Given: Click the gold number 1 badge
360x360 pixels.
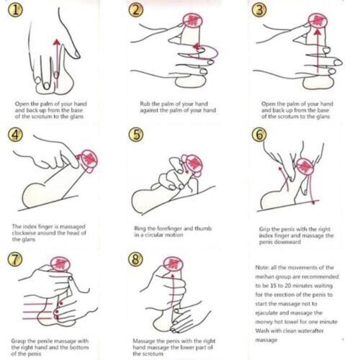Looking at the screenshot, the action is [x=15, y=11].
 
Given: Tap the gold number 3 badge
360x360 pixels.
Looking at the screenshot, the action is [x=259, y=11].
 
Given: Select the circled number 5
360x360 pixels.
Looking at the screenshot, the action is [x=136, y=135].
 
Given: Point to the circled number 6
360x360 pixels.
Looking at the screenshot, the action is [x=259, y=135].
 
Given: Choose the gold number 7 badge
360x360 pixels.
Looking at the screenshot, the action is [x=15, y=259].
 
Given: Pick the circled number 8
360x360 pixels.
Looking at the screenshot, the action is [x=136, y=259].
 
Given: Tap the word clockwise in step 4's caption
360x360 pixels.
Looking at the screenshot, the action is [x=24, y=233].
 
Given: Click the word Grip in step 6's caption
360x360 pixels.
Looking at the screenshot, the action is [x=264, y=229].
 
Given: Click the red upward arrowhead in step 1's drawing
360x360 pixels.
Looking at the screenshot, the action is [x=57, y=42].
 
